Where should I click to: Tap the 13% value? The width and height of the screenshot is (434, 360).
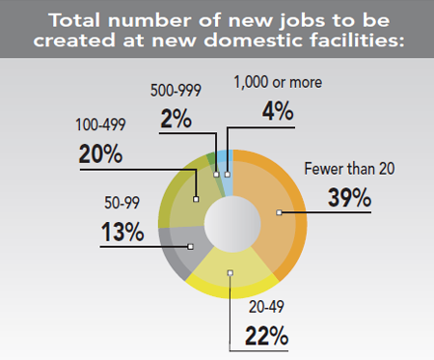click(122, 232)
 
